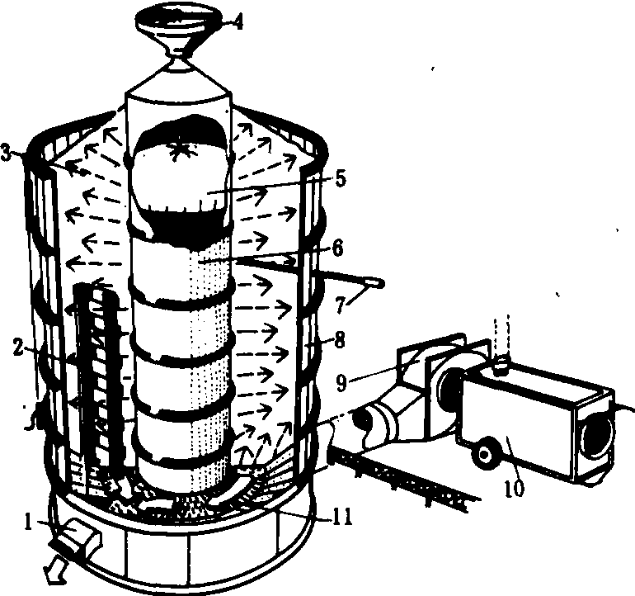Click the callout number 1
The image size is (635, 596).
coord(28,523)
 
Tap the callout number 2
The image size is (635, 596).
coord(18,348)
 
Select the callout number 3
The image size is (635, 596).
coord(6,153)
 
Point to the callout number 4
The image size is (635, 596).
coord(239,22)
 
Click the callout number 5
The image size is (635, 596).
coord(341,178)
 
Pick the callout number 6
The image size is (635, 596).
coord(339,248)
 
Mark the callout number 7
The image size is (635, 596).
coord(340,305)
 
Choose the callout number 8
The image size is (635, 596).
coord(340,340)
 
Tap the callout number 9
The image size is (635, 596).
coord(341,382)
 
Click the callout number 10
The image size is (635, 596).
coord(514,488)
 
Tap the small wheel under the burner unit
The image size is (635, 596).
coord(484,453)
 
